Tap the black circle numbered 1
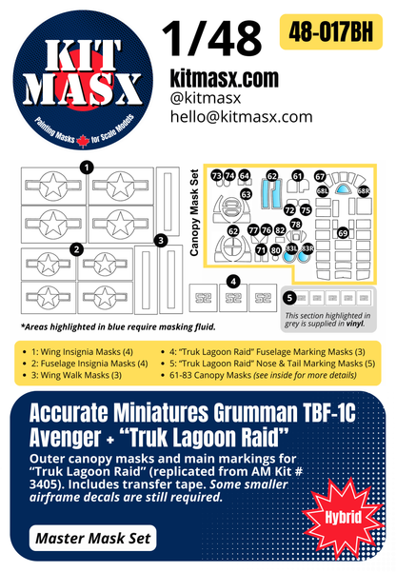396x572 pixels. (87, 168)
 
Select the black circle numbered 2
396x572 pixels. (76, 249)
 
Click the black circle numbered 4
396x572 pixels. (233, 281)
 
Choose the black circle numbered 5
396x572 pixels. (289, 299)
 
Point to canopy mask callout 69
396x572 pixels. (343, 232)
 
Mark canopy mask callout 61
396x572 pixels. (297, 176)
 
